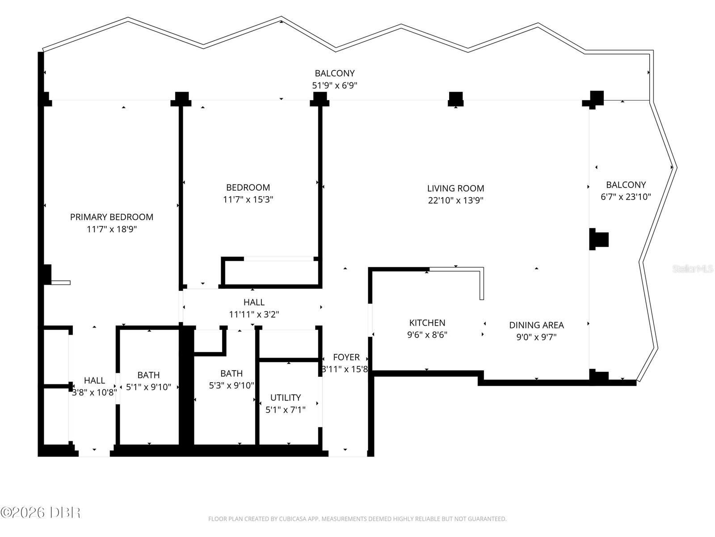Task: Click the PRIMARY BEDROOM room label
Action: pyautogui.click(x=112, y=217)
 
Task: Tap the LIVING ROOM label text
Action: pyautogui.click(x=455, y=188)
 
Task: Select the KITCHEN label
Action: pyautogui.click(x=427, y=323)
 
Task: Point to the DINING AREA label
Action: pyautogui.click(x=536, y=325)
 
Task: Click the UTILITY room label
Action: pyautogui.click(x=286, y=397)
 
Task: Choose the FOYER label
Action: pyautogui.click(x=346, y=358)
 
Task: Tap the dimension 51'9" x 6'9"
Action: pyautogui.click(x=335, y=85)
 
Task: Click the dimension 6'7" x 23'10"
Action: pyautogui.click(x=626, y=196)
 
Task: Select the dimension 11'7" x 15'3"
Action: pyautogui.click(x=248, y=200)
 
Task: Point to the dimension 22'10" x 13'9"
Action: pyautogui.click(x=455, y=200)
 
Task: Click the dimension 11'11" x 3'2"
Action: pyautogui.click(x=254, y=314)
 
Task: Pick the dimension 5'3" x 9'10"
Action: pyautogui.click(x=231, y=385)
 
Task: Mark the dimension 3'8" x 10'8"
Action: pyautogui.click(x=94, y=392)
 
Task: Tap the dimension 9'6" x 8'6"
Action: pyautogui.click(x=427, y=335)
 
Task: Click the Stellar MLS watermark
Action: pyautogui.click(x=693, y=268)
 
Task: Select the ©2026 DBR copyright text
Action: pyautogui.click(x=40, y=512)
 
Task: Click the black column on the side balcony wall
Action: pyautogui.click(x=599, y=239)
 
